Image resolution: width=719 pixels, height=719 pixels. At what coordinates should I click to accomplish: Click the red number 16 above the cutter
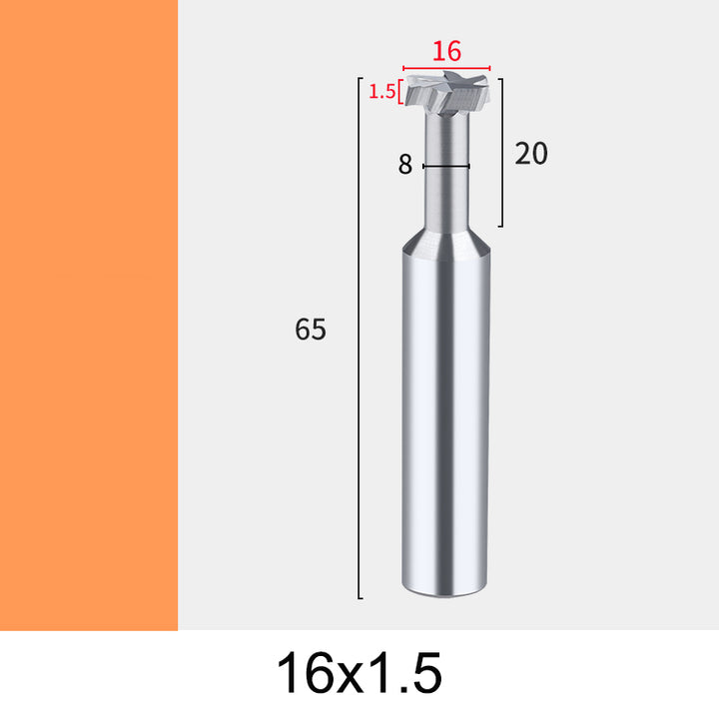tap(446, 51)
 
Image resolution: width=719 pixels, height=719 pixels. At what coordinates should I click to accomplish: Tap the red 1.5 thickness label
tap(381, 92)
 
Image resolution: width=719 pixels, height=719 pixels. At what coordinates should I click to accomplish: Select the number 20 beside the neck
tap(531, 153)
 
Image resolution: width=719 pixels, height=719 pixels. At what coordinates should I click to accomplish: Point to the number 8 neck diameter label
tap(404, 164)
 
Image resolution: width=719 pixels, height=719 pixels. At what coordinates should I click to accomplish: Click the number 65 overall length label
tap(311, 329)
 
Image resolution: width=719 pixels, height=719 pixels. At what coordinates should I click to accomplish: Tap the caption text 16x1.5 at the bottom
tap(359, 673)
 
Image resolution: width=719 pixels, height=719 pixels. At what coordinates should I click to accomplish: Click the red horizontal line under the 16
tap(446, 68)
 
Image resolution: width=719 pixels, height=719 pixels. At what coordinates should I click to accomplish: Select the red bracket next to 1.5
tap(400, 92)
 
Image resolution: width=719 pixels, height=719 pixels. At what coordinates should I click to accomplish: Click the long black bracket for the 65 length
tap(359, 338)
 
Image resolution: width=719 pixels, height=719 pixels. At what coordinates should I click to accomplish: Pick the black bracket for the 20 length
tap(502, 153)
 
